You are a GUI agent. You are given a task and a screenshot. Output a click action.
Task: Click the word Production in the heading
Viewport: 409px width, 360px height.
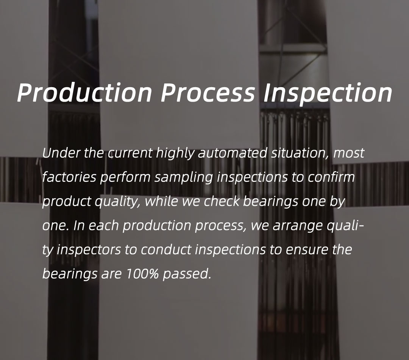(84, 92)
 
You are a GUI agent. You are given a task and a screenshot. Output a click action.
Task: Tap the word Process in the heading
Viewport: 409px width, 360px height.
(208, 92)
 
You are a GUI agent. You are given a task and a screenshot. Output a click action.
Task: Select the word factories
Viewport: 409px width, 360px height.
(69, 177)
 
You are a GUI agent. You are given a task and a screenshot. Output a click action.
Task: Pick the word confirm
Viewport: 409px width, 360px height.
(331, 177)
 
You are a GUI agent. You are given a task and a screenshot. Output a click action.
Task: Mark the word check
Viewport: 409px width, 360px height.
(222, 201)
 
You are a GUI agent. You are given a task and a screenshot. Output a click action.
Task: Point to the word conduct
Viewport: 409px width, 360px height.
(166, 250)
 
